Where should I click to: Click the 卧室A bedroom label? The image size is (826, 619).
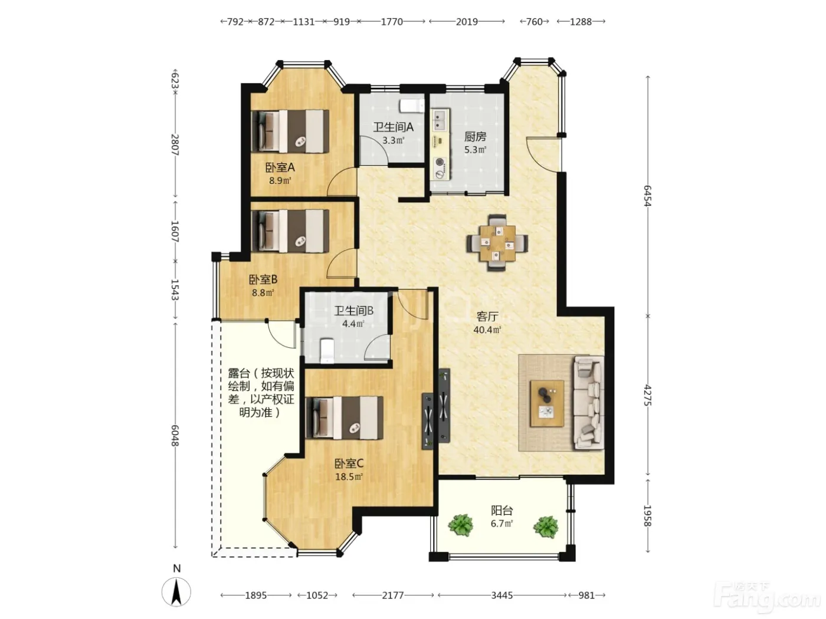[280, 167]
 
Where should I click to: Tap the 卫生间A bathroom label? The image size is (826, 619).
[393, 127]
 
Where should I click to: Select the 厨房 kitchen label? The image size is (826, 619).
[475, 136]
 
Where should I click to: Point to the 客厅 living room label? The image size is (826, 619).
[487, 316]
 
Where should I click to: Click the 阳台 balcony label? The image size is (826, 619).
[501, 510]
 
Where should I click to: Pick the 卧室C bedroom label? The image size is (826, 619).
[349, 463]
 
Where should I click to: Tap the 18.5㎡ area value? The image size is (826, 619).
[349, 476]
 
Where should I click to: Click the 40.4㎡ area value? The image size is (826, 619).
[487, 330]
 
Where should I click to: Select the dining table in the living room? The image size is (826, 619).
[497, 242]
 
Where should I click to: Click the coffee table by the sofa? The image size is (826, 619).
[547, 403]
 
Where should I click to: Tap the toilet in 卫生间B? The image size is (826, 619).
[327, 351]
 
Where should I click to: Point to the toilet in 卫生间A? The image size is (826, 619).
[412, 106]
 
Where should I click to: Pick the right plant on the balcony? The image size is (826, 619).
[546, 526]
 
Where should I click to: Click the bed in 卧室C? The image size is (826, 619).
[345, 417]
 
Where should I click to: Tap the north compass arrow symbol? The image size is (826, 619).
[176, 592]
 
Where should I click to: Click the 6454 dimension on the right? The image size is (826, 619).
[647, 196]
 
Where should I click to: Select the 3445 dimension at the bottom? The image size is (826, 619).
[501, 595]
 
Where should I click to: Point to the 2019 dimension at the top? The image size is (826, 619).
[467, 22]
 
